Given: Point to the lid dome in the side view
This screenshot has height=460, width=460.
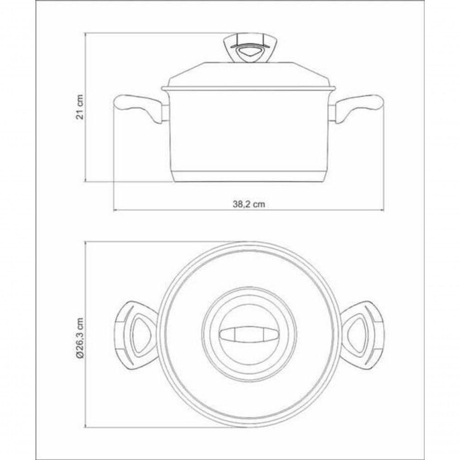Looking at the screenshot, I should point(248,74).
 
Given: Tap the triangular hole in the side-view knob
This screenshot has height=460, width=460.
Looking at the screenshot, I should point(248,54).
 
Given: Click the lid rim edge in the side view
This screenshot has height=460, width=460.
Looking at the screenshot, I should point(248,87).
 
